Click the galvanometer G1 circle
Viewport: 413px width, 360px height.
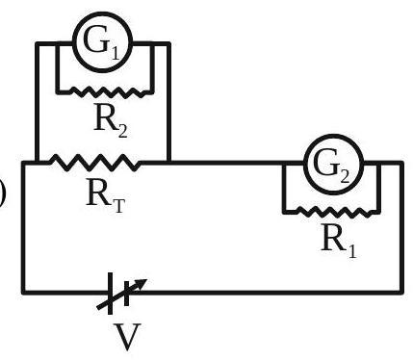pos(73,41)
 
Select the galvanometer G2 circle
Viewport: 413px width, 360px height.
pos(304,165)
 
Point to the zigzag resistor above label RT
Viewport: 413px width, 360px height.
pos(95,163)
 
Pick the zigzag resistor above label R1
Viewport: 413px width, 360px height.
pos(335,212)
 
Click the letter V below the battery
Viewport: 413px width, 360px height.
pos(127,337)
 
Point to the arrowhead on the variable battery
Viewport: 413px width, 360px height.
pos(141,283)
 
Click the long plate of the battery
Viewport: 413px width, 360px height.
pos(110,293)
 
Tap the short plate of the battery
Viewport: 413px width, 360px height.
pos(126,293)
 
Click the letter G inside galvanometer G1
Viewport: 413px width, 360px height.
pos(95,39)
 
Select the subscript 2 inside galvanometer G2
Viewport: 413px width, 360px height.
pos(344,176)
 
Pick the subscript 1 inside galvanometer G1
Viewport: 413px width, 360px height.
pos(115,53)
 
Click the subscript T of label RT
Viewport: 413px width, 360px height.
pos(117,205)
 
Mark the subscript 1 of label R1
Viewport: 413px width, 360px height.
pos(352,250)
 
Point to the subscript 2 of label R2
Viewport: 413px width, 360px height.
pos(122,131)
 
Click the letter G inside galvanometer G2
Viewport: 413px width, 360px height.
pos(325,163)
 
